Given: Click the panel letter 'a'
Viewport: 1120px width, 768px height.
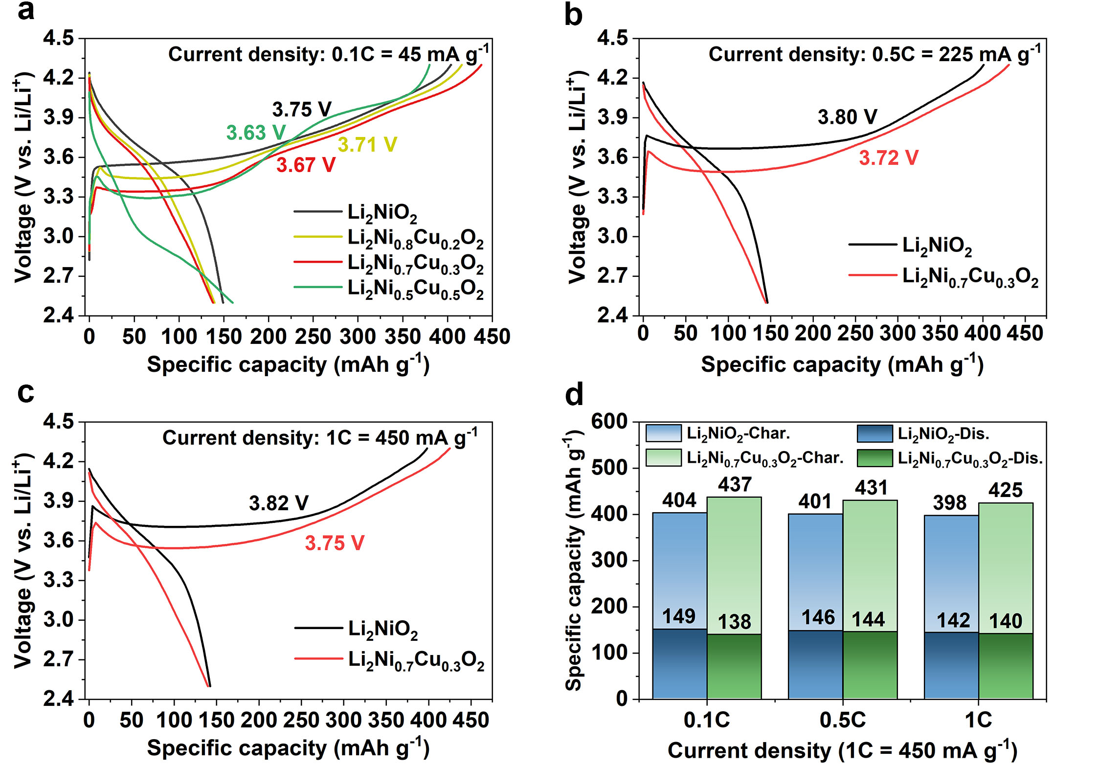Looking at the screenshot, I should [x=26, y=11].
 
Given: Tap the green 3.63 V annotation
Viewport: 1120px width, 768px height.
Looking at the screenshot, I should [x=255, y=133].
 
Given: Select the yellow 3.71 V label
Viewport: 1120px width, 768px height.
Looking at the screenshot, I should [x=367, y=145].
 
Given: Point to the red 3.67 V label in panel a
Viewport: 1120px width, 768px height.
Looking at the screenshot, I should [x=306, y=165].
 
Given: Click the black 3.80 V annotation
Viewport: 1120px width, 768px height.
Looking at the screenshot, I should [x=847, y=117].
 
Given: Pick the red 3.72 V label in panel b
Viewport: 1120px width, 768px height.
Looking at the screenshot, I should [x=888, y=158].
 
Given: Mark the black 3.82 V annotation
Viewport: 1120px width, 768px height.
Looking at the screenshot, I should [x=278, y=503].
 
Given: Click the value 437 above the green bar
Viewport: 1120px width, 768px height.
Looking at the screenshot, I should [x=735, y=485].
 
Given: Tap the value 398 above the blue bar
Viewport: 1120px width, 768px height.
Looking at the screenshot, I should [x=950, y=503].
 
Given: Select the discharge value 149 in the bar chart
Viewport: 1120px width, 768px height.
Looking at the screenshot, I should [x=679, y=616].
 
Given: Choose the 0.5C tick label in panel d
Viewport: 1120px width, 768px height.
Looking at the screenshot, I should [x=843, y=720].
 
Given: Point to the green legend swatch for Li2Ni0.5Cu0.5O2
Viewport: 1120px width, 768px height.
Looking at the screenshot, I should [x=318, y=287].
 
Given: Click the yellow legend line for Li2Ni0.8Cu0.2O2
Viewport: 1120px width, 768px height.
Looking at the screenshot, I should [x=318, y=237].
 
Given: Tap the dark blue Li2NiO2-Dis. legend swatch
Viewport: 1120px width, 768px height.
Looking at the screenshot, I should [x=875, y=433].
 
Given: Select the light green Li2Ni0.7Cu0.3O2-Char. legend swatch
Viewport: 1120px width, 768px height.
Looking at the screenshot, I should [x=663, y=458].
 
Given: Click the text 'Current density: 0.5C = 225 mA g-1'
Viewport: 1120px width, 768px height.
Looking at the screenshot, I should [x=874, y=54].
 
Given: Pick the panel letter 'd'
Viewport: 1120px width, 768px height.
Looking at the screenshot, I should [x=574, y=395].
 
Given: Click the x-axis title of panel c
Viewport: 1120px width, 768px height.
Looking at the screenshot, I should [x=288, y=748].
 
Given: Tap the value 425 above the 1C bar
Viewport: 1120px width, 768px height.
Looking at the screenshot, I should [x=1006, y=490].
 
